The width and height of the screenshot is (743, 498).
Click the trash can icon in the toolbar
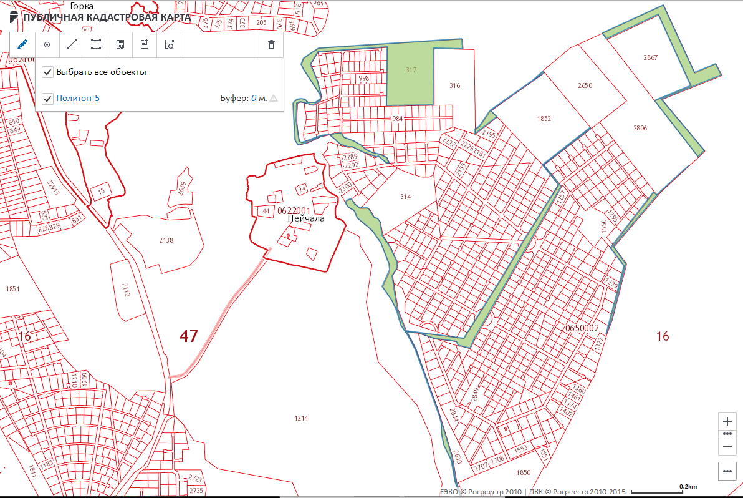point(271,45)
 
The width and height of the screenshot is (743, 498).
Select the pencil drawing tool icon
point(22,45)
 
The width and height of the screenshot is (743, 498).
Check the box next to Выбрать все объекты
point(47,72)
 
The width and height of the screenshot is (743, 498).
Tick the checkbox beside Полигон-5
point(47,99)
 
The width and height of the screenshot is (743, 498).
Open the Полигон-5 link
point(78,99)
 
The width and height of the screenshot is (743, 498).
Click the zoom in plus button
point(727,421)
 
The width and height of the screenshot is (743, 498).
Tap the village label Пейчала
point(306,219)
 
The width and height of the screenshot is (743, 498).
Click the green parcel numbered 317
point(411,71)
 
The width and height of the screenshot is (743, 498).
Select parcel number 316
point(454,85)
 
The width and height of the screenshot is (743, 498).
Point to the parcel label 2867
point(650,57)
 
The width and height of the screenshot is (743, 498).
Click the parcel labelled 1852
point(544,118)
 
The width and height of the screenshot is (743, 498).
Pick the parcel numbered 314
point(406,197)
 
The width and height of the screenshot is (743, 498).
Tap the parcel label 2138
point(166,240)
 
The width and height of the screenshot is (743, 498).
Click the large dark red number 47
point(189,336)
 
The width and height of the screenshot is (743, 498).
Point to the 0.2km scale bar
point(688,487)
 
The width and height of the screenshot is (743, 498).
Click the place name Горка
point(82,6)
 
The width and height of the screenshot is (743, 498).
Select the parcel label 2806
point(640,128)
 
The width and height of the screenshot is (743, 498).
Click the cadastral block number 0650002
point(582,328)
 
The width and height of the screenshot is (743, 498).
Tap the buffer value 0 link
point(254,99)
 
